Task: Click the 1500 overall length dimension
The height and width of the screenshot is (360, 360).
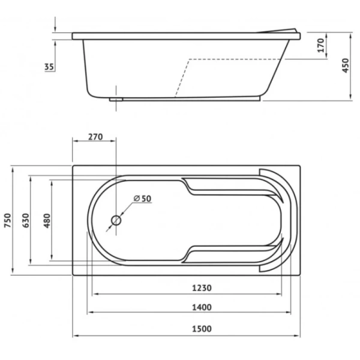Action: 202,329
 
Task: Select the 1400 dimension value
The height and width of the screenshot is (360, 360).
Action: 202,307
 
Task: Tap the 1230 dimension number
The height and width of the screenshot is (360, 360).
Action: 202,287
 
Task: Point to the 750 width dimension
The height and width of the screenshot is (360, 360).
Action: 8,220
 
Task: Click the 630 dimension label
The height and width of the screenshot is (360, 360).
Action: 26,220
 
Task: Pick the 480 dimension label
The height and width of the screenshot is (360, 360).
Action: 47,220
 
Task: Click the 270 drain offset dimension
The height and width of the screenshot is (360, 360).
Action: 95,137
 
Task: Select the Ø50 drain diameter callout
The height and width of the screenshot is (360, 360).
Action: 142,199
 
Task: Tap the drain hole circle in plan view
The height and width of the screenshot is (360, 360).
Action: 116,220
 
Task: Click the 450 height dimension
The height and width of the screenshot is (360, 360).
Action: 346,65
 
